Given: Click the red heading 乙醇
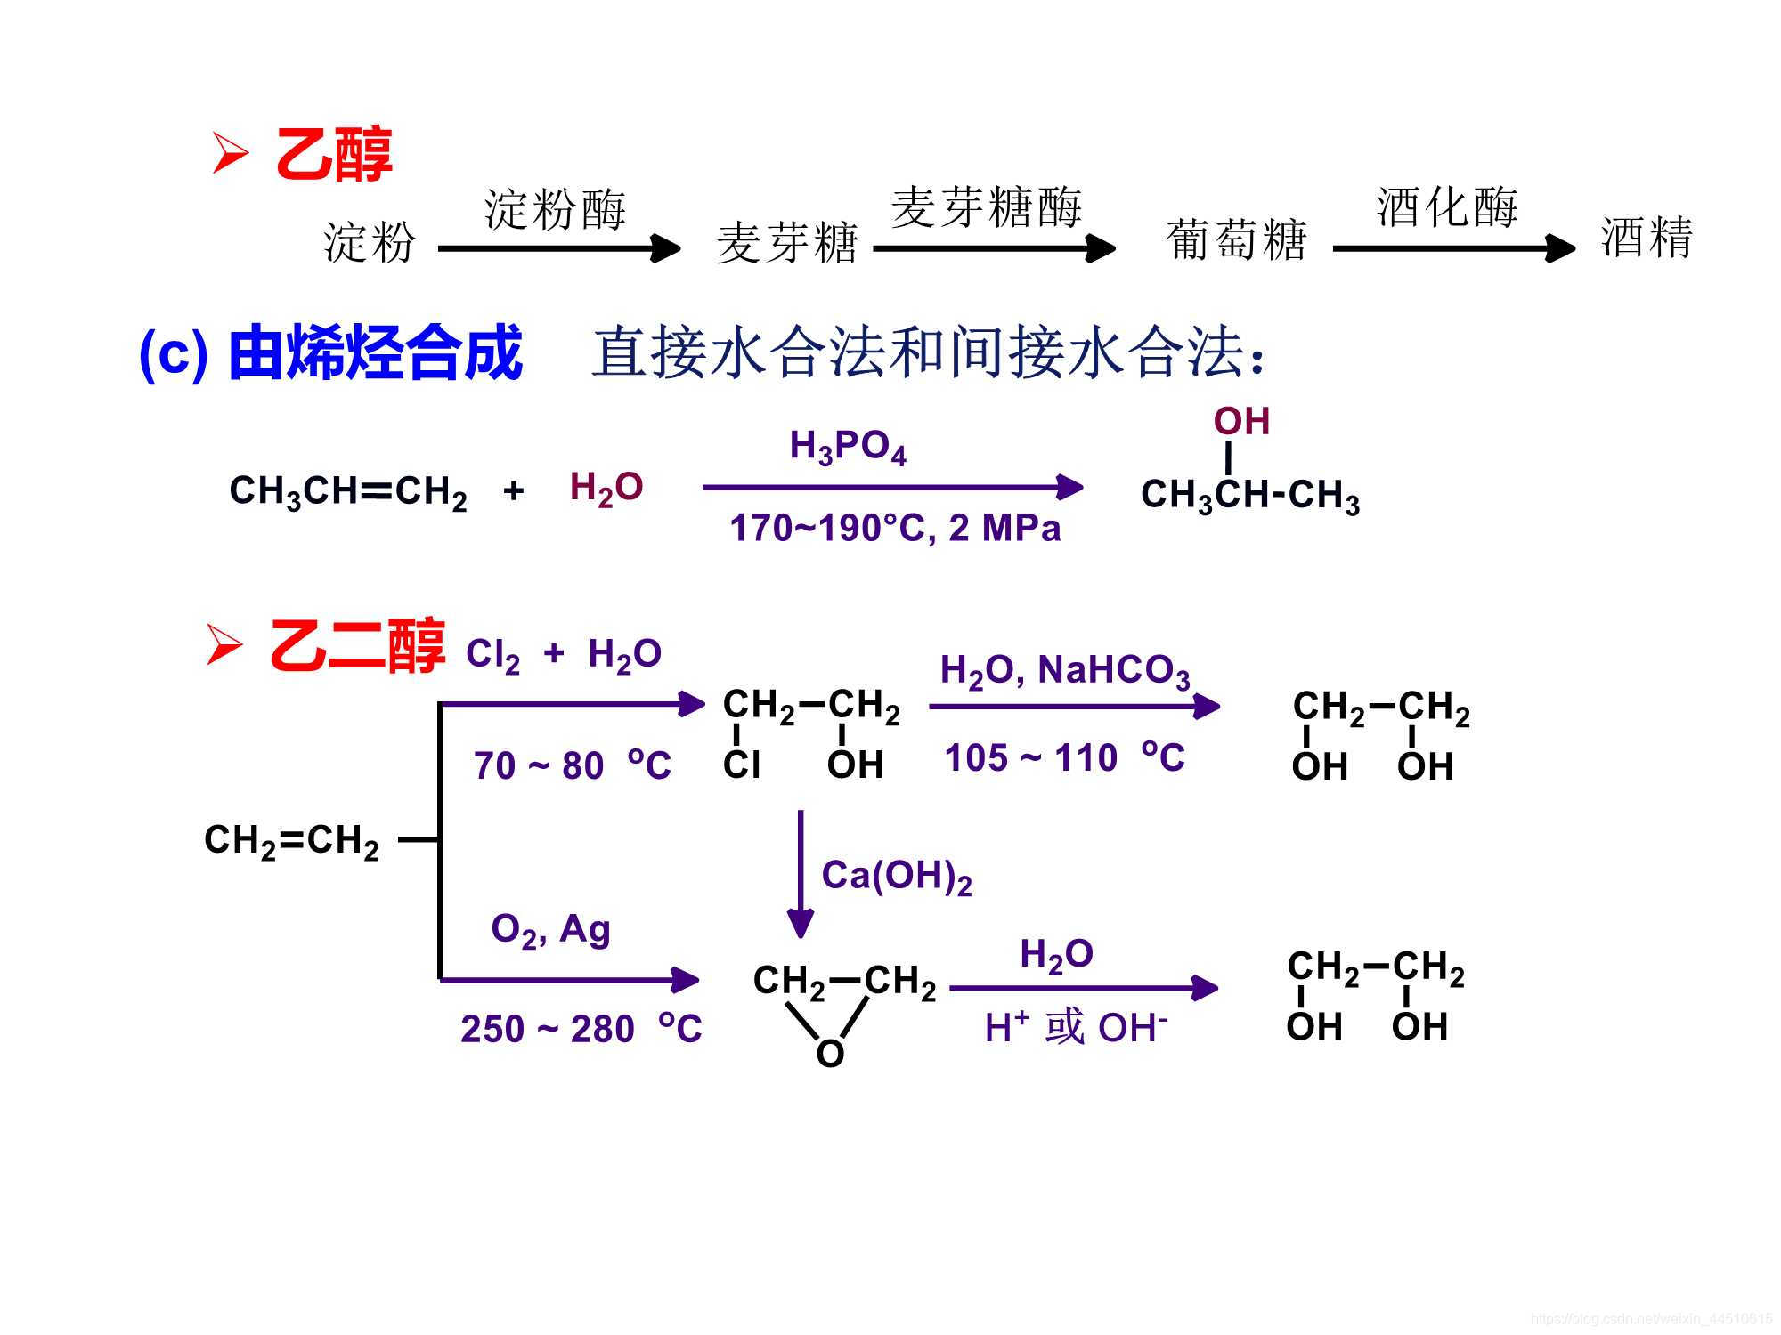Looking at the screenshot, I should (333, 155).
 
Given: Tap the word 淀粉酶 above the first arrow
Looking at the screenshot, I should (555, 210).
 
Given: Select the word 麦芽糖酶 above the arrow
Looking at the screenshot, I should (987, 207).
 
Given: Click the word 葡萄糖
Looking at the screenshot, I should (1236, 240).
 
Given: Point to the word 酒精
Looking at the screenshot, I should (1646, 238).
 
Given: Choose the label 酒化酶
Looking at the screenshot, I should (1447, 207).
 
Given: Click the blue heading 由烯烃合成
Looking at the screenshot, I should (375, 353).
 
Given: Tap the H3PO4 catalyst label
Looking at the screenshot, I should (847, 447).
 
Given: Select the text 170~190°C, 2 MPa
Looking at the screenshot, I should (895, 528).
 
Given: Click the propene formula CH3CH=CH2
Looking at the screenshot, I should (348, 491).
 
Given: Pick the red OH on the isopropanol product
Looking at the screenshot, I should (1241, 422).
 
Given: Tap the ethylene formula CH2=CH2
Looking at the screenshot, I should (291, 840).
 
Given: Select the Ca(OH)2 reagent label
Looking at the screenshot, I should (896, 877).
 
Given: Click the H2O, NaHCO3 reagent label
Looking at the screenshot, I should (1065, 671).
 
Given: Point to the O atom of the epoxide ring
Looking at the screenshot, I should (830, 1054).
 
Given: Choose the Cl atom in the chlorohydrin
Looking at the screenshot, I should (741, 765).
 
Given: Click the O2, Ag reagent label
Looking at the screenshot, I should (550, 930).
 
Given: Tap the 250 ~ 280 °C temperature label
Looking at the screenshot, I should (581, 1029).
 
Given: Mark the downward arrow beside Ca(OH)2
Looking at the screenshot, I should (801, 872).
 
